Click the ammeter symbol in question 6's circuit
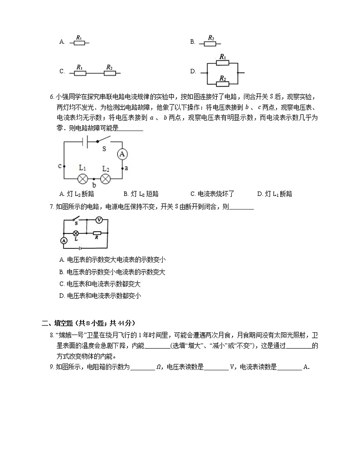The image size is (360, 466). (122, 154)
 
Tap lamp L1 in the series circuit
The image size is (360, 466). (83, 178)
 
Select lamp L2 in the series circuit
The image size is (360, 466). (106, 178)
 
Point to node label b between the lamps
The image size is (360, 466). (94, 185)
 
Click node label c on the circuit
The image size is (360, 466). (59, 166)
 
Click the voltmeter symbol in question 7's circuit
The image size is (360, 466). (99, 220)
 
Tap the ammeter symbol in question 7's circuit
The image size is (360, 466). (64, 241)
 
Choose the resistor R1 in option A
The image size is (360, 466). (79, 43)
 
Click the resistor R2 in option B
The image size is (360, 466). (210, 44)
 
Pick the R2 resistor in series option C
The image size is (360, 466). (109, 73)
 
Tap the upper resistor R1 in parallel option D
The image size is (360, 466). (223, 63)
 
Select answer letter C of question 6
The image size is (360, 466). (193, 194)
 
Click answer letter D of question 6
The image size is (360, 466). (259, 194)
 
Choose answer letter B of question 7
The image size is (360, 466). (62, 272)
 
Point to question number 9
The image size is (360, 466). (52, 367)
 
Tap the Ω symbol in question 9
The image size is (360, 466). (158, 367)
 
